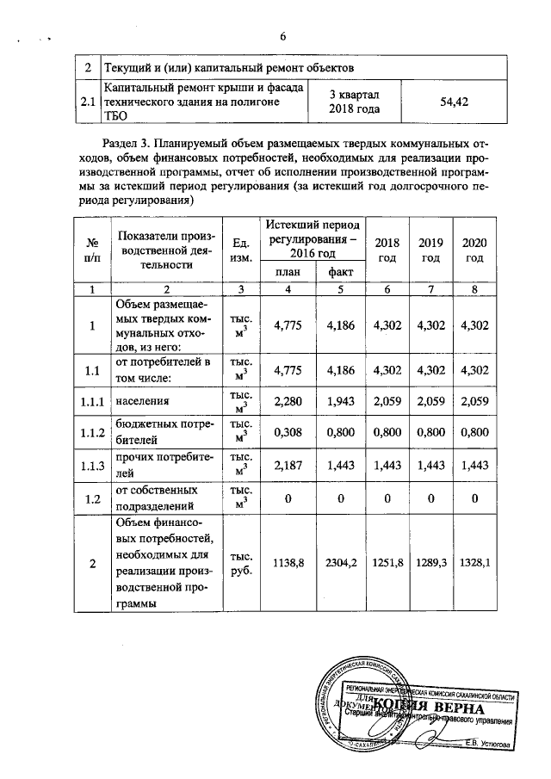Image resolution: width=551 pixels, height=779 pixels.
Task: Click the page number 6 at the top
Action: pos(282,36)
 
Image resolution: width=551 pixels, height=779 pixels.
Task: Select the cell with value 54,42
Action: pos(453,102)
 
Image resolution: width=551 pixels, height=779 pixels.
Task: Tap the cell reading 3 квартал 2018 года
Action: pos(354,102)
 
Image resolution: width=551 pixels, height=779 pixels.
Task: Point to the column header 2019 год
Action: pos(430,250)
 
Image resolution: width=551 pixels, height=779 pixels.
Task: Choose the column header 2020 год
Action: pos(474,250)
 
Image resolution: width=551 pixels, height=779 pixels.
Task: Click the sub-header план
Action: pos(287,273)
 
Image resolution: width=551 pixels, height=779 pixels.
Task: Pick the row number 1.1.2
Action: pos(90,433)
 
